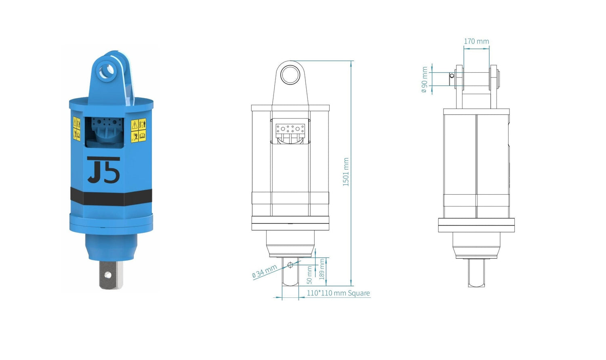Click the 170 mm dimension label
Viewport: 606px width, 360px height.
[476, 41]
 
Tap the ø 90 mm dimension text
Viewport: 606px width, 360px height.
[425, 80]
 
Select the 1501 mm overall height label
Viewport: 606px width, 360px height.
[346, 172]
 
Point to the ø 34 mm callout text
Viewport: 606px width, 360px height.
[264, 271]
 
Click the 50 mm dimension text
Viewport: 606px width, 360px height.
[309, 275]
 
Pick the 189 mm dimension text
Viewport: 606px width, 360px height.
[322, 269]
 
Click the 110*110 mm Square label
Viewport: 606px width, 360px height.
[338, 293]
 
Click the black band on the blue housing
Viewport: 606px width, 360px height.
[111, 197]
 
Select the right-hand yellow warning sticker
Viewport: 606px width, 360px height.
[139, 131]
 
